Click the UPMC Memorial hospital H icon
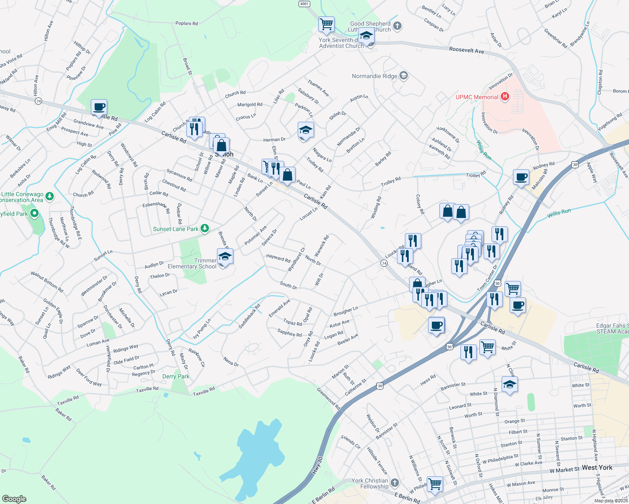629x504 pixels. pos(505,97)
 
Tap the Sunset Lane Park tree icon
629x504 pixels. pos(205,228)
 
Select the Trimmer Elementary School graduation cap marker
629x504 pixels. pos(225,257)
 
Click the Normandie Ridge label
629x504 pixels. pos(374,76)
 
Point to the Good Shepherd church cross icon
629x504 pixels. pos(397,26)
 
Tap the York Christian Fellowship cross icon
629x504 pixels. pos(394,483)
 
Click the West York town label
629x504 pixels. pos(597,467)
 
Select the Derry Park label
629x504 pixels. pos(176,376)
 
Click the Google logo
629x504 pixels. pos(14,499)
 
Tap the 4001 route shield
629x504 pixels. pos(304,4)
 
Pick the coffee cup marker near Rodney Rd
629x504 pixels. pos(521,177)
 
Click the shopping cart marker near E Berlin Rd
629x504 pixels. pos(435,484)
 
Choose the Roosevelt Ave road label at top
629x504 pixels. pos(466,50)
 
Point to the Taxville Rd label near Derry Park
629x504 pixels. pos(204,392)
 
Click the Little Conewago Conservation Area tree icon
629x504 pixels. pos(50,196)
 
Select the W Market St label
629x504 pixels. pos(564,470)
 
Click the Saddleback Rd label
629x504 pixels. pos(249,316)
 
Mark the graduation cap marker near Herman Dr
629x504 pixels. pos(306,130)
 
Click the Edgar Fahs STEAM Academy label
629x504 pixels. pos(612,328)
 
